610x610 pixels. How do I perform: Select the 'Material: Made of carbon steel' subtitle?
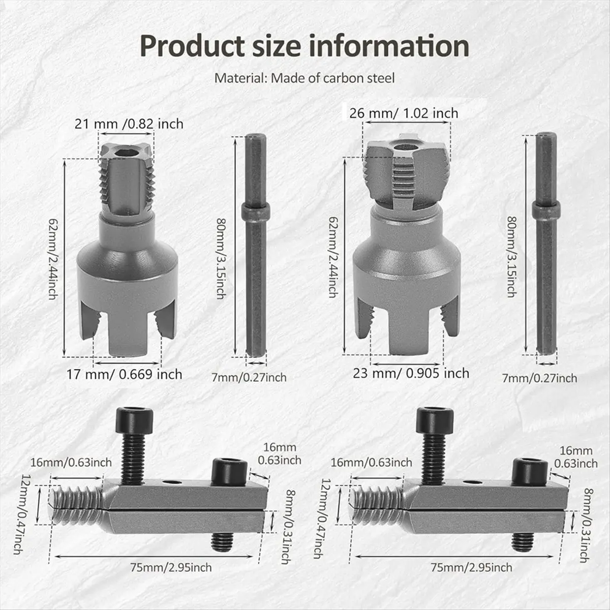[304, 78]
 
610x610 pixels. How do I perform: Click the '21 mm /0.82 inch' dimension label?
[129, 123]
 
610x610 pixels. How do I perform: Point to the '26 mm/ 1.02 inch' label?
[403, 113]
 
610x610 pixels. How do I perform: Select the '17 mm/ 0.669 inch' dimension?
[125, 375]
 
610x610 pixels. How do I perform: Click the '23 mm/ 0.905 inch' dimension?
[411, 373]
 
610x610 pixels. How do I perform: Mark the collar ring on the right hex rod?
[545, 209]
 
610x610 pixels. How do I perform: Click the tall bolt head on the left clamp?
[132, 419]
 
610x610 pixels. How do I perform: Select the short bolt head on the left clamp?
[229, 470]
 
